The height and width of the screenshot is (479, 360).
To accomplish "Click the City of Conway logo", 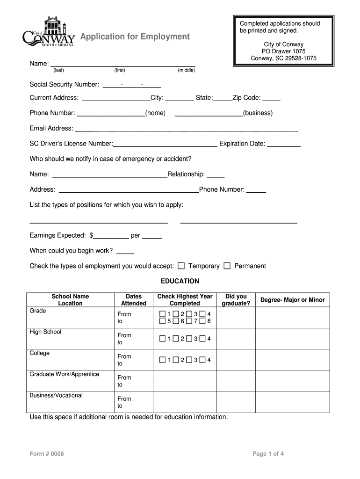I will click(x=49, y=33).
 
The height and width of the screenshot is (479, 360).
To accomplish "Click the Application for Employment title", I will click(x=135, y=36).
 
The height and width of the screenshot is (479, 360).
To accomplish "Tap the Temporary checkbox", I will click(x=181, y=266).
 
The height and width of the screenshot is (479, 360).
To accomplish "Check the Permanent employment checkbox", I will click(x=227, y=266).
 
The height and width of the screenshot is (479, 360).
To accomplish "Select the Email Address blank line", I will click(x=187, y=129).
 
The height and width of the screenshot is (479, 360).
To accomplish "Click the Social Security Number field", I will click(x=131, y=85).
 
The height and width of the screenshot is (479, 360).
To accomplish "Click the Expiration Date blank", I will click(x=284, y=144).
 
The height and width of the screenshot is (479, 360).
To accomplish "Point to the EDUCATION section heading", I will click(x=180, y=281).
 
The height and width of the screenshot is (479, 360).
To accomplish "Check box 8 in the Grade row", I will click(x=202, y=321).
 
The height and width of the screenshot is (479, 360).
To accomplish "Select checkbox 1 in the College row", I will click(x=162, y=360).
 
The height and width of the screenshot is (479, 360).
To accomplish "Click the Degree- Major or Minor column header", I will click(x=292, y=300).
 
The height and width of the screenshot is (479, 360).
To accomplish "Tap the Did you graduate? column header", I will click(x=236, y=300).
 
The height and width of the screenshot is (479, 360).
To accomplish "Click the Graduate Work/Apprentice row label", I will click(x=65, y=374).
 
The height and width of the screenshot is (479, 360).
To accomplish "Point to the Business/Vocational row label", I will click(x=56, y=395).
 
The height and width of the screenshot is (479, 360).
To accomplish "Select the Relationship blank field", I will click(x=216, y=175).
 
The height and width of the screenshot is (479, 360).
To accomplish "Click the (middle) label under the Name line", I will click(x=186, y=70).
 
